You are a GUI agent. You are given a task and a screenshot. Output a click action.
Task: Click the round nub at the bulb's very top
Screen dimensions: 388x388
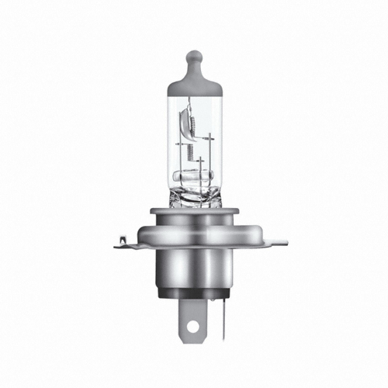[x=194, y=57]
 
